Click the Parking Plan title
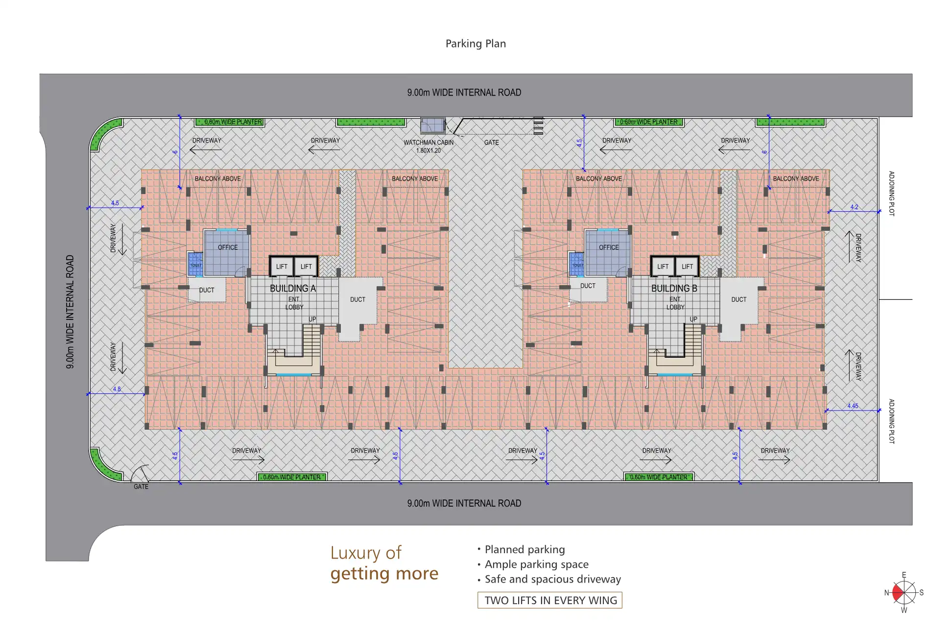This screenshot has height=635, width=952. tap(476, 44)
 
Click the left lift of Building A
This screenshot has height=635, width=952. tap(282, 267)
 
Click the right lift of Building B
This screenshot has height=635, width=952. tap(687, 267)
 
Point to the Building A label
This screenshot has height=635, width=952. tap(293, 289)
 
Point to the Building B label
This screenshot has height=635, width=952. tap(674, 289)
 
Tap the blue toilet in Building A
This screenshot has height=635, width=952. tap(195, 264)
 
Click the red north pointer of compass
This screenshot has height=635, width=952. tap(898, 593)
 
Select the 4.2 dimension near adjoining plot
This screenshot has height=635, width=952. tap(854, 207)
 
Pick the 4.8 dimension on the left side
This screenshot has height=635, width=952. tap(117, 389)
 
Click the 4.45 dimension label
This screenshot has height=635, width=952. tap(853, 406)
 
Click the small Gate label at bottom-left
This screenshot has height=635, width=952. tap(141, 487)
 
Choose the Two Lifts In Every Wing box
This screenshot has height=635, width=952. tap(550, 600)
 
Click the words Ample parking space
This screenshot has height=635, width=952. tap(536, 564)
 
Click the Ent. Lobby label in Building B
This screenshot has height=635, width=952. tap(675, 303)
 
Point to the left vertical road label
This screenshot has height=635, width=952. tap(70, 312)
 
